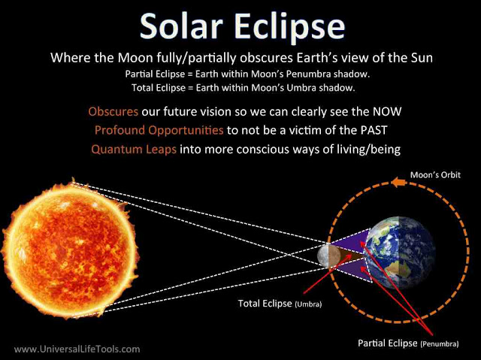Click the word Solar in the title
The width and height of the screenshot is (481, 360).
180,26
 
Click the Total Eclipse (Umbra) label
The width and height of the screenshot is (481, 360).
275,304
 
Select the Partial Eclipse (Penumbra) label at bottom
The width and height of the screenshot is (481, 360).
407,343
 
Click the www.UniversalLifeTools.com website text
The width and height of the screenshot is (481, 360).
77,349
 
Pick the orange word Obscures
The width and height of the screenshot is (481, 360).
113,111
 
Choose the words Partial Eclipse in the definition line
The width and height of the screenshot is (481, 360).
156,74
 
